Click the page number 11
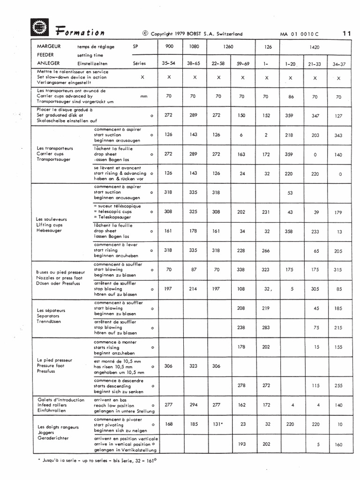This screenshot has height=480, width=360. click(347, 33)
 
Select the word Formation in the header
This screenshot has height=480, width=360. click(80, 32)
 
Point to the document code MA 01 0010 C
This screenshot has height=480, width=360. click(299, 34)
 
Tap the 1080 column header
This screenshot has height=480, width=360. click(195, 47)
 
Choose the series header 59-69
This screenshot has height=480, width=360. click(242, 62)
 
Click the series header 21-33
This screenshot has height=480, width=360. click(315, 63)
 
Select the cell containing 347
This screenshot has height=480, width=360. click(315, 115)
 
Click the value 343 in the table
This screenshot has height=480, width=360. click(338, 135)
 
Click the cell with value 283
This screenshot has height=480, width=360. click(266, 328)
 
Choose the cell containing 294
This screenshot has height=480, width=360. click(195, 404)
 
